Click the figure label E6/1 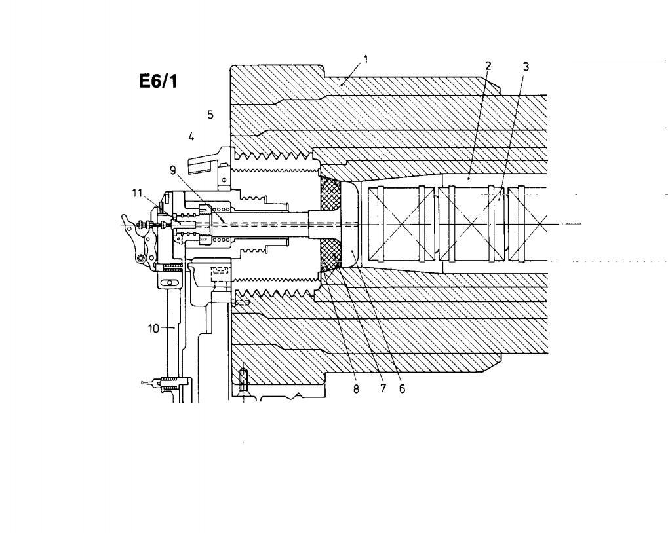[158, 81]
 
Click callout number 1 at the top [365, 59]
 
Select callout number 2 [488, 65]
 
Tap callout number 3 [526, 66]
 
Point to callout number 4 [191, 137]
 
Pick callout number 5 [210, 114]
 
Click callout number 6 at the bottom [402, 388]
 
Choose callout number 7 [382, 388]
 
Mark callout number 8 [356, 389]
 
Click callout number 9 [172, 170]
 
